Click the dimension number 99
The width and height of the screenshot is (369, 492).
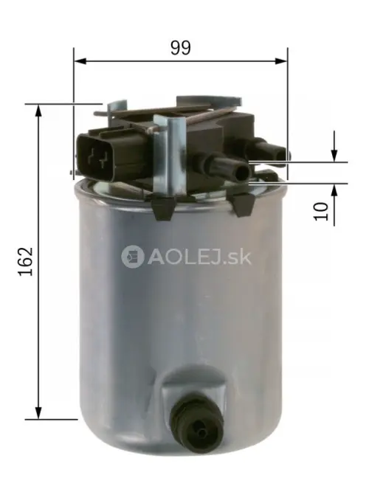click(x=180, y=48)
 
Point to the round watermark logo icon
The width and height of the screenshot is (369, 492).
click(x=134, y=257)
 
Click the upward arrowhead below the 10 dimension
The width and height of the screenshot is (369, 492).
click(x=334, y=190)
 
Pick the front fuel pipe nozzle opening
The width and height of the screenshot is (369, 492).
click(x=243, y=173)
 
